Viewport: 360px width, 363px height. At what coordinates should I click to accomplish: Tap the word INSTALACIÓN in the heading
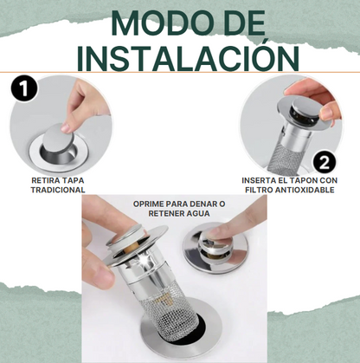[189, 57]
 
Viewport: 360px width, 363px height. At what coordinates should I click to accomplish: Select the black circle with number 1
[24, 88]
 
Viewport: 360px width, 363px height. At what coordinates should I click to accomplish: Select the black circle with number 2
[325, 163]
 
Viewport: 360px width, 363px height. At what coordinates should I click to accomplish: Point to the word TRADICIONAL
[58, 190]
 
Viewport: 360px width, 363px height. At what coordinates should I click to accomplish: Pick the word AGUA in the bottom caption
[197, 213]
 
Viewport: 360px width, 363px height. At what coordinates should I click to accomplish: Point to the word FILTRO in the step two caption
[259, 190]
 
